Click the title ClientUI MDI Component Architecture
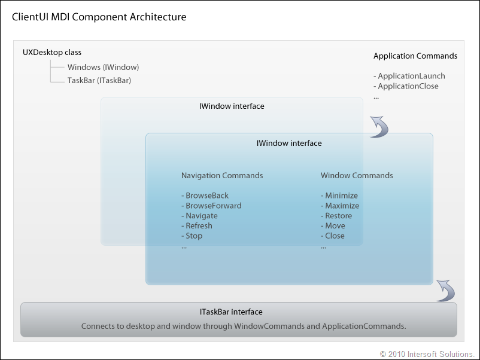99,17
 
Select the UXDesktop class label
52,53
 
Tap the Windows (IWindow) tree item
103,68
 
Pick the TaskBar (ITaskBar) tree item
99,81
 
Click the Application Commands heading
415,56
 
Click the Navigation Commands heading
222,176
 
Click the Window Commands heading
357,176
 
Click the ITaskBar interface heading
231,312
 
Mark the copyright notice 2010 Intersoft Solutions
427,354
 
